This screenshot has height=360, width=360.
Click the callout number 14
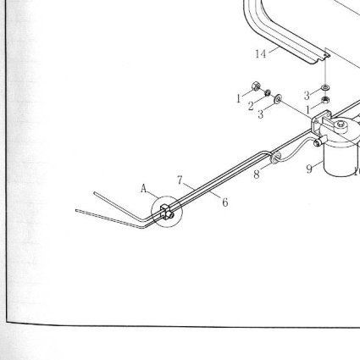coord(261,53)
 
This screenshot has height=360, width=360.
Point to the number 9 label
coord(309,169)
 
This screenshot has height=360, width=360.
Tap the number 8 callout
coord(257,174)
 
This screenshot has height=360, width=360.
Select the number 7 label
coord(180,180)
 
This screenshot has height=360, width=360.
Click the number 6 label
coord(225,202)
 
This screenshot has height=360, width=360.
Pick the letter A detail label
coord(144,189)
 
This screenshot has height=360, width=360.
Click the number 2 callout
coord(251,107)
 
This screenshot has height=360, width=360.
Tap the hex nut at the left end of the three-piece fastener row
coord(256,86)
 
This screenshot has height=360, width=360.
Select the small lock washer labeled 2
coord(268,92)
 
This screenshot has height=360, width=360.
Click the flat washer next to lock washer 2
coord(278,98)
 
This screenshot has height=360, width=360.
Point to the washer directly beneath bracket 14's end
coord(325,87)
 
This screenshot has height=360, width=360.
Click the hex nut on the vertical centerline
coord(325,99)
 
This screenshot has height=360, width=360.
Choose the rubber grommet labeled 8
coord(274,158)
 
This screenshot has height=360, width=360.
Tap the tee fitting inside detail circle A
coord(167,212)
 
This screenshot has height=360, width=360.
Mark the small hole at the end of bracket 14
coord(325,55)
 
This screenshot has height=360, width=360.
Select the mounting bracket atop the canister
coord(321,121)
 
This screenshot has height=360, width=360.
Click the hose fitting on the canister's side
coord(318,142)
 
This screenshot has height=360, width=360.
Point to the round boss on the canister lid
coord(341,125)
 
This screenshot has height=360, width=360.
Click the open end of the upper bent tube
coord(95,193)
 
